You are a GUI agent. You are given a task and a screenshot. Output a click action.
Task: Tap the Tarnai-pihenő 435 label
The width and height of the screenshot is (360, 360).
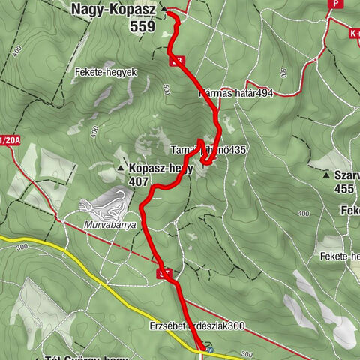click(x=208, y=150)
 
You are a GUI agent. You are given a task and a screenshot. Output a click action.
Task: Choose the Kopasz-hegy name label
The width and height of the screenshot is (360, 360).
click(x=160, y=169)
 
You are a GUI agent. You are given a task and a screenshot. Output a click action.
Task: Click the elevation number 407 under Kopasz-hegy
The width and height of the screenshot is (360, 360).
click(x=138, y=181)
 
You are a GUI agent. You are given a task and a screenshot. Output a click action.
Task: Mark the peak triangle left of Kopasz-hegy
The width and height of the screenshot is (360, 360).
click(x=121, y=169)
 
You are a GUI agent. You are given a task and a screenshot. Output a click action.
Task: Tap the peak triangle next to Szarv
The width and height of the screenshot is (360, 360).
click(x=328, y=175)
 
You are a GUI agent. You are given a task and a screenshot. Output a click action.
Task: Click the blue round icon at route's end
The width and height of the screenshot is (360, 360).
click(x=210, y=349)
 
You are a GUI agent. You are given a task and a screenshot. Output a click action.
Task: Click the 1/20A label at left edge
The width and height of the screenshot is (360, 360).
click(x=9, y=140)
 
